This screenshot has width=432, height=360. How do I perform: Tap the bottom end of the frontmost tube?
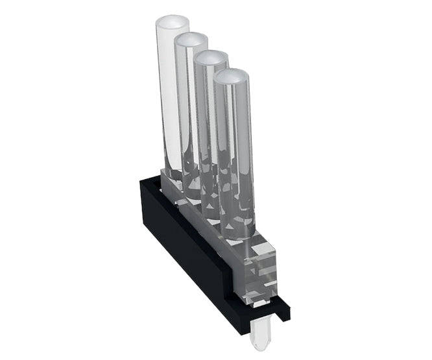pyautogui.click(x=238, y=230)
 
